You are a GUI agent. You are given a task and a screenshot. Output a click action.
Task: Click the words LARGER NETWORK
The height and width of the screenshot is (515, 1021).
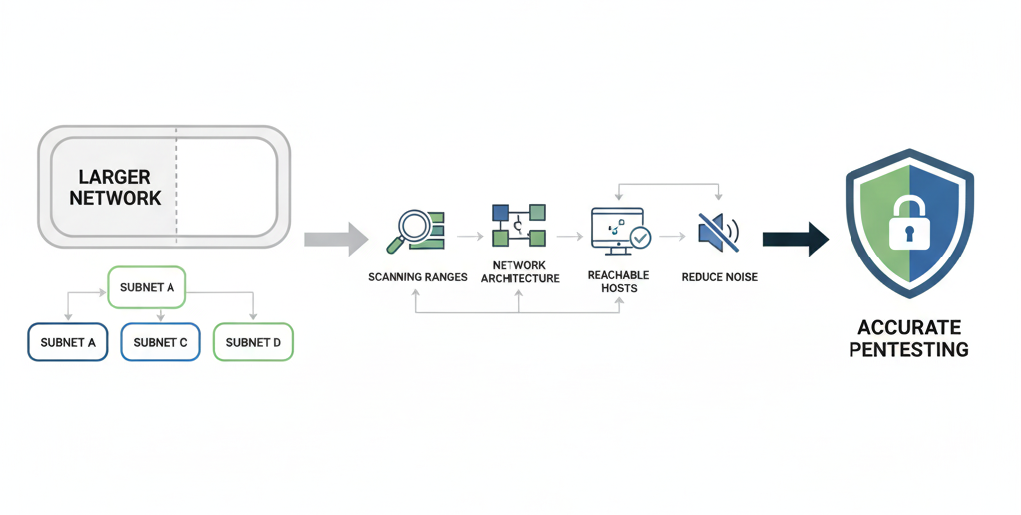coord(115,188)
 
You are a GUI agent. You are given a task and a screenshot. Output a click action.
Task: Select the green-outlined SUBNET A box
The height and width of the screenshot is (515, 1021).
coord(147,287)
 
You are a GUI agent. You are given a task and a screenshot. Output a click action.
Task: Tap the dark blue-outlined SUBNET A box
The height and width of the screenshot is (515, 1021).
coord(68,342)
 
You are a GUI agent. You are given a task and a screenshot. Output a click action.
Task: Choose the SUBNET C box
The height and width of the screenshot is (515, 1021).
coord(161,342)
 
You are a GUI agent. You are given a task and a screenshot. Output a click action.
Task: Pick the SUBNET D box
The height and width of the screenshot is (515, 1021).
coord(253,342)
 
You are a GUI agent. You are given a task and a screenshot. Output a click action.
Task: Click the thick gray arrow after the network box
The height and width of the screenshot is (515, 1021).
coord(336,238)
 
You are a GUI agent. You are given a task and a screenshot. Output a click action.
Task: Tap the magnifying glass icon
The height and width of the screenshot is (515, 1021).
coord(412,229)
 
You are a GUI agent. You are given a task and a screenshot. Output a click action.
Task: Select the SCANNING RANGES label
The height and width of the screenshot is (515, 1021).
coord(417,277)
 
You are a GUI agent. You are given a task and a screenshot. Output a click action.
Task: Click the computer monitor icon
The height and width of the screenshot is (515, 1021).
coord(616,227)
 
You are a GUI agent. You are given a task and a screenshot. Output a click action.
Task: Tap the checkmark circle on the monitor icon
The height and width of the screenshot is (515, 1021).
coord(640,238)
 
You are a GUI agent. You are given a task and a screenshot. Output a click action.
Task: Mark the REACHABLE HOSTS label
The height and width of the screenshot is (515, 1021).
coord(618,281)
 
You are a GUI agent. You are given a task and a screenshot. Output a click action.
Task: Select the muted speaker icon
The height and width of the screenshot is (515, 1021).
coord(718,231)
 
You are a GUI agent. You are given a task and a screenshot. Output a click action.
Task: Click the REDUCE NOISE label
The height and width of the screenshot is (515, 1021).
coord(719,277)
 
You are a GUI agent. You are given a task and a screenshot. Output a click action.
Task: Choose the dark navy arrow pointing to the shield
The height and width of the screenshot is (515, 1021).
coord(795,239)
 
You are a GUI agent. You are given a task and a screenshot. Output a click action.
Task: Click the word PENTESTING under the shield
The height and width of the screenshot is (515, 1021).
coord(908,350)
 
